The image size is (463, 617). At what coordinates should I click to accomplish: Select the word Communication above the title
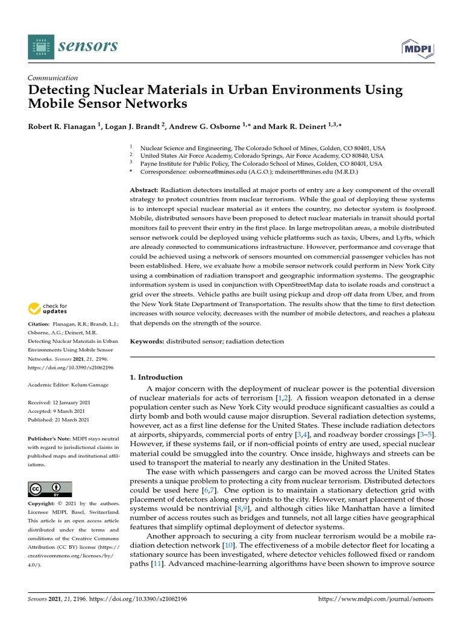[x=53, y=78]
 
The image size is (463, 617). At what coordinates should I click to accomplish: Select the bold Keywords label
[x=147, y=342]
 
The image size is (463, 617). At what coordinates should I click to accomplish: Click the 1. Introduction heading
[x=156, y=377]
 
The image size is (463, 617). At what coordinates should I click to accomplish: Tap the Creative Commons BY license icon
[x=50, y=489]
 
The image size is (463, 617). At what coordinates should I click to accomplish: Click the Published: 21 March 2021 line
[x=58, y=420]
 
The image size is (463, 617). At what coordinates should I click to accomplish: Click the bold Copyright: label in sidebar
[x=45, y=503]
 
